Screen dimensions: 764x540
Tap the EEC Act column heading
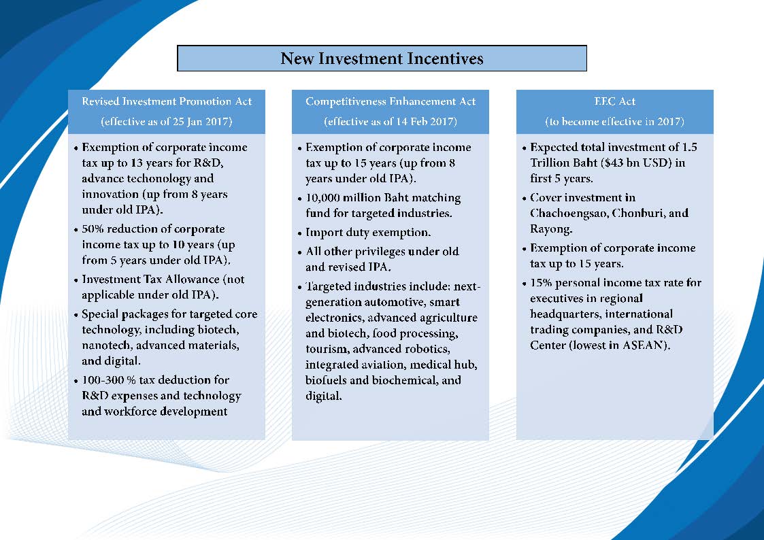[x=614, y=101]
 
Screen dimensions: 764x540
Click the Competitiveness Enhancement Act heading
[x=391, y=101]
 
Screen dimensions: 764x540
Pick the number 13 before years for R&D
[x=137, y=163]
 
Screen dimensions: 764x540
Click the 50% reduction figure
[x=93, y=229]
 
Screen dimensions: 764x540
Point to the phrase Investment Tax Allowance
[x=150, y=280]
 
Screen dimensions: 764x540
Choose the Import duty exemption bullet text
[x=368, y=233]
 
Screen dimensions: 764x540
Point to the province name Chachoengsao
[x=568, y=214]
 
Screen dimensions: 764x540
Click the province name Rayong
[x=551, y=229]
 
